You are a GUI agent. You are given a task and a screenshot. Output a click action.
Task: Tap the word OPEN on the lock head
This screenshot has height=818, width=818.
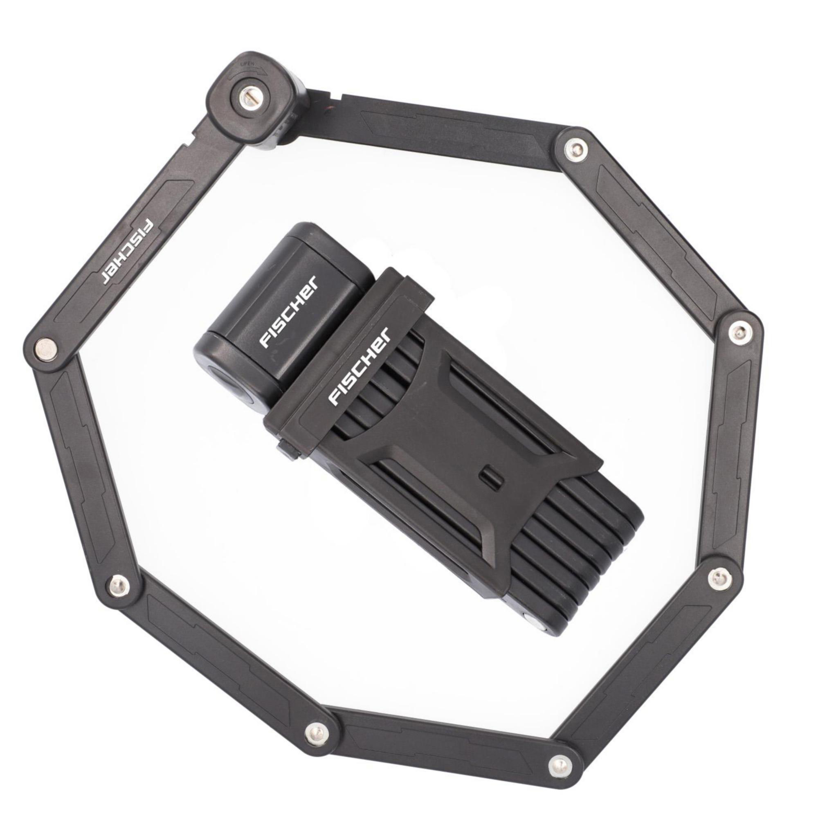pyautogui.click(x=248, y=63)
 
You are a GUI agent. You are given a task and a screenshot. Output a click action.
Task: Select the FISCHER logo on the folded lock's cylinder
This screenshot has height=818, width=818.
pyautogui.click(x=288, y=312)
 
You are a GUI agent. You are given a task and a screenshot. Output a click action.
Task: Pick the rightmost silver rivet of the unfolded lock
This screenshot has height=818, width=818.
pyautogui.click(x=738, y=331)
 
